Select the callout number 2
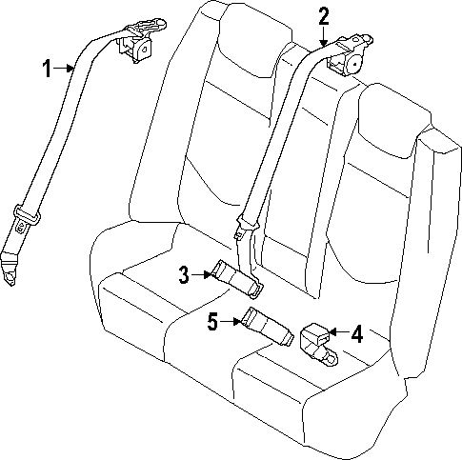pos(323,15)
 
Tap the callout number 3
pos(185,276)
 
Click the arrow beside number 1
pos(65,67)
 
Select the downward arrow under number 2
pos(323,38)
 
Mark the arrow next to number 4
pos(338,333)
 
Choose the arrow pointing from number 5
pos(233,323)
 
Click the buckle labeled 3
pos(235,277)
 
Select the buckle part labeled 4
pos(316,340)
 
